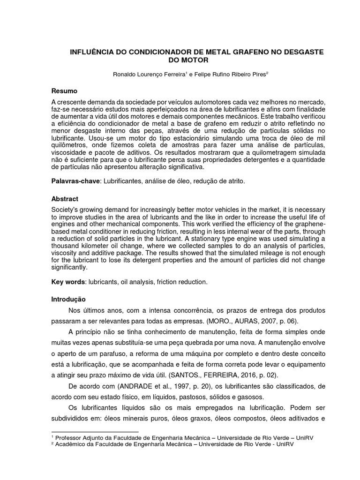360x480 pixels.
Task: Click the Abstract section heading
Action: pyautogui.click(x=66, y=199)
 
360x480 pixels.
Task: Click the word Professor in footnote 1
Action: pyautogui.click(x=71, y=437)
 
